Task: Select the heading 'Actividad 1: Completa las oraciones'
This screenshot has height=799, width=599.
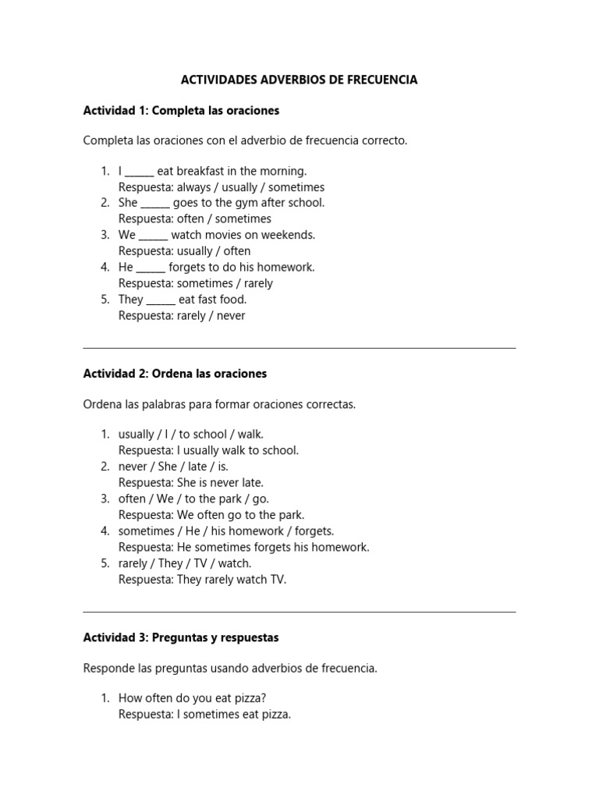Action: tap(181, 111)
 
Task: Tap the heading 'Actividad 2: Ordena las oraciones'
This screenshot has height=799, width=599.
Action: tap(175, 374)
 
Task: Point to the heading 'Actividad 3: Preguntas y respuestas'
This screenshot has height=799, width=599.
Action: tap(181, 637)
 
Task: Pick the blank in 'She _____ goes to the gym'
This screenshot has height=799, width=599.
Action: tap(155, 204)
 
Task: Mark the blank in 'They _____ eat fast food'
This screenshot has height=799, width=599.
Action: tap(161, 301)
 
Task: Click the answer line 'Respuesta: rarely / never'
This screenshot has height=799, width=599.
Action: tap(182, 316)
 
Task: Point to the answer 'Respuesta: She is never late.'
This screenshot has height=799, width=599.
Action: tap(191, 483)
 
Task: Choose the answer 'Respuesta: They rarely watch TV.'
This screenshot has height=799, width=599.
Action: tap(202, 580)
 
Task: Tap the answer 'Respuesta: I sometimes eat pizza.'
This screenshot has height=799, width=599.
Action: tap(204, 714)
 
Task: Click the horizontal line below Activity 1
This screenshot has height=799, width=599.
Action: tap(299, 348)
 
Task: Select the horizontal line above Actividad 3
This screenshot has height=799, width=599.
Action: tap(299, 612)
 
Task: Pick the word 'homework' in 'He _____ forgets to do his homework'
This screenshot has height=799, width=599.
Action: tap(287, 267)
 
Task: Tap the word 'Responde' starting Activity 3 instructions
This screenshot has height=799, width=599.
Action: tap(108, 669)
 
